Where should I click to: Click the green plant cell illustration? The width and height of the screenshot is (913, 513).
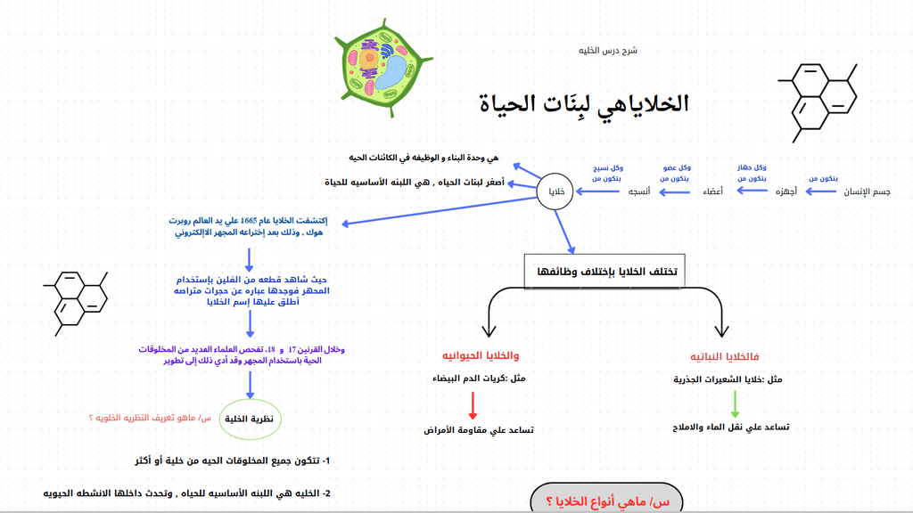[383, 68]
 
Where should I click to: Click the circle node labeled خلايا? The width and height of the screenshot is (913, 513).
[555, 191]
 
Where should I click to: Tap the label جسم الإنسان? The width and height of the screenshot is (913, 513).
[867, 191]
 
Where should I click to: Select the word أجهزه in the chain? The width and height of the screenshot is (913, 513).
[786, 191]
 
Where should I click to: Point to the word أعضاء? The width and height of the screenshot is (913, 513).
[712, 191]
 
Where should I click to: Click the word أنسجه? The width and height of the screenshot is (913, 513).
[638, 191]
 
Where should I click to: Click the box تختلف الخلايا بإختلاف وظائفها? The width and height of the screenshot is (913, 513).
[605, 271]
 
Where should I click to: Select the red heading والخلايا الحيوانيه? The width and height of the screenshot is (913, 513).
[481, 355]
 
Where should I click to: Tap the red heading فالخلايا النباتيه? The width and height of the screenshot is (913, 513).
[724, 356]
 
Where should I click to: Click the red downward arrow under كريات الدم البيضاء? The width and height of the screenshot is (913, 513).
[473, 405]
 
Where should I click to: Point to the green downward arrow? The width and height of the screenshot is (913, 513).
[735, 403]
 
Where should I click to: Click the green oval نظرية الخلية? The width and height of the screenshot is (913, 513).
[250, 419]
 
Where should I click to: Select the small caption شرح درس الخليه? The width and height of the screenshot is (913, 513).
[608, 51]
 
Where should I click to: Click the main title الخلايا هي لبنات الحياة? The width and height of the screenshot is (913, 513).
[584, 103]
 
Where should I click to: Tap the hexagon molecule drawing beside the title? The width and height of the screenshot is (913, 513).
[818, 103]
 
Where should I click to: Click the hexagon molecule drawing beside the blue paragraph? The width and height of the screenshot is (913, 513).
[76, 303]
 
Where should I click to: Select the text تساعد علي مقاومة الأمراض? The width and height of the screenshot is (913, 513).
[479, 430]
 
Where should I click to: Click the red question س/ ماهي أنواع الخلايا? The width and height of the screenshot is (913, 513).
[607, 501]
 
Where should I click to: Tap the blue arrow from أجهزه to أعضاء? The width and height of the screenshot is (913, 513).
[752, 191]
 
